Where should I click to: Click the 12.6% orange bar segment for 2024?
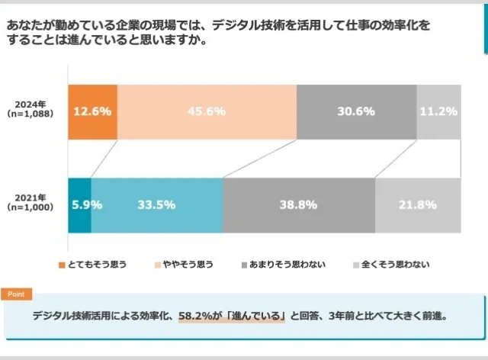point(92,111)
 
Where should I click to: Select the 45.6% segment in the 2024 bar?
point(207,111)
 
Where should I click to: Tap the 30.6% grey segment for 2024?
point(356,111)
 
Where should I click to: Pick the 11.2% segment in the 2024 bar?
point(438,111)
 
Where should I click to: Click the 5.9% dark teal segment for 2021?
point(79,204)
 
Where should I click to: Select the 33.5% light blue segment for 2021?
point(157,204)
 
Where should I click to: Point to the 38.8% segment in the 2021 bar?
point(298,204)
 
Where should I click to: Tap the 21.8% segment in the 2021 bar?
point(417,204)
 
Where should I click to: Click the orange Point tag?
point(16,294)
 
